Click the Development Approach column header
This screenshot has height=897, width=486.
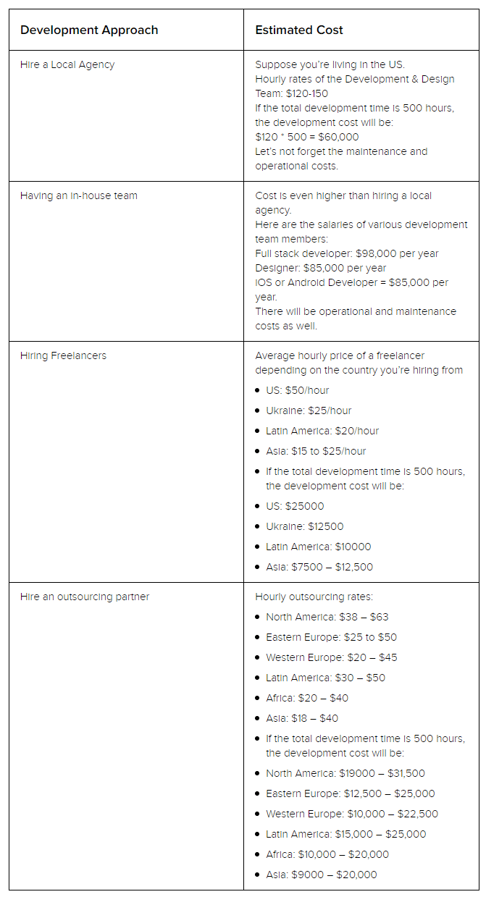89,30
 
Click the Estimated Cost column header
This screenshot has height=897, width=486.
299,30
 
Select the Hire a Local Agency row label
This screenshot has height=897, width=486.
67,64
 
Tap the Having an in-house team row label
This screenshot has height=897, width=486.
79,195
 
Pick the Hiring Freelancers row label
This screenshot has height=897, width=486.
63,355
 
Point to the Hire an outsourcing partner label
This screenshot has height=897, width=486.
85,597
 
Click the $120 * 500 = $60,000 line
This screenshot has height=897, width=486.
307,137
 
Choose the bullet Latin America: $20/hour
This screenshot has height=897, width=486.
322,431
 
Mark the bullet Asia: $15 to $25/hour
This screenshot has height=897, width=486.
316,451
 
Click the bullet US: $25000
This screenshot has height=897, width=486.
295,506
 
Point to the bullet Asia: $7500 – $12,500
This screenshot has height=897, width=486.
319,567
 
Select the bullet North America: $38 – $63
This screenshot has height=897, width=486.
327,617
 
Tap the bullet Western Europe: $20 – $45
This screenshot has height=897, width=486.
331,657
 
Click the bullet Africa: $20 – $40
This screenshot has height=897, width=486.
307,698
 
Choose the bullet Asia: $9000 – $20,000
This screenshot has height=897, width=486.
322,875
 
